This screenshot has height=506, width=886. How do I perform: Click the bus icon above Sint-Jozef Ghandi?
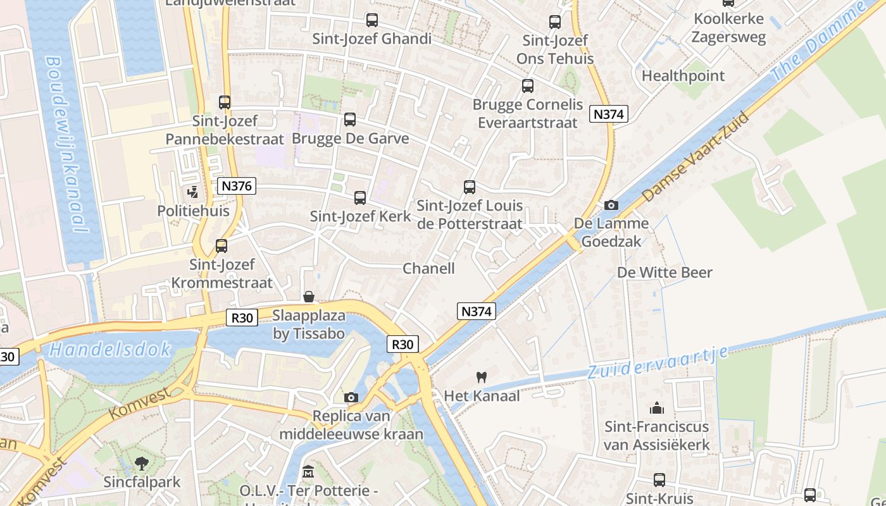point(371,20)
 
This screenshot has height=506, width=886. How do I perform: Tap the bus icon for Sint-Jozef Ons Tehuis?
point(555,22)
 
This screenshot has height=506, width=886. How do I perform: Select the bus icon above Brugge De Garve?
point(349,120)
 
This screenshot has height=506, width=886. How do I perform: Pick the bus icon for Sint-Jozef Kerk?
point(360,198)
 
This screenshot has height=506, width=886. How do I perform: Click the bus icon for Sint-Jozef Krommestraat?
point(221,246)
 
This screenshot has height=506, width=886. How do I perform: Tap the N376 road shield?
point(237,186)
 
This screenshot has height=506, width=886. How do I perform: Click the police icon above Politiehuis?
point(192,192)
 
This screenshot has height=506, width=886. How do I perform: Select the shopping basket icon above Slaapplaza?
point(309,297)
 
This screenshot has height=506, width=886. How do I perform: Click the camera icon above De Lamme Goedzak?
point(611,205)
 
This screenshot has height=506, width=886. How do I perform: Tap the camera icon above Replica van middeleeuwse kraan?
point(351,397)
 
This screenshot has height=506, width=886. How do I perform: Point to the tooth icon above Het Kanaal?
point(481,377)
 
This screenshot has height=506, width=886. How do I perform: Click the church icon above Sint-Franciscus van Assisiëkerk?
point(657,408)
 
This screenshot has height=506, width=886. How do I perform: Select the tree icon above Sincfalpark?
point(142,464)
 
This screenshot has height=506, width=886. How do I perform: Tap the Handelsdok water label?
point(110,349)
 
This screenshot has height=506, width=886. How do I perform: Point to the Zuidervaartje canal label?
point(658,362)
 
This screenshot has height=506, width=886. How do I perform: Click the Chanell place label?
point(428,268)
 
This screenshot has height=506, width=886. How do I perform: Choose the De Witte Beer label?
point(664,273)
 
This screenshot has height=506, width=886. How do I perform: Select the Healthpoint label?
point(683,76)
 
